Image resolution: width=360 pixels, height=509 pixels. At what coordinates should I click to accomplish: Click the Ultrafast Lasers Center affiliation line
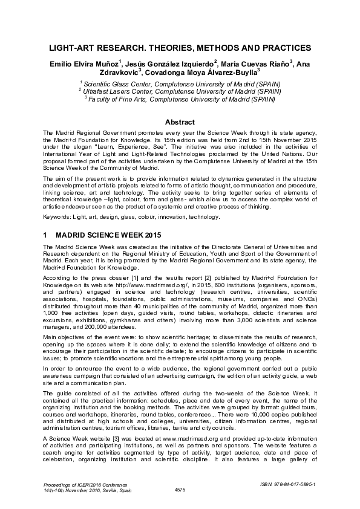pos(180,91)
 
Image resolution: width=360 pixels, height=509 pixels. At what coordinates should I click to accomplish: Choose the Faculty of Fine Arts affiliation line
pos(180,99)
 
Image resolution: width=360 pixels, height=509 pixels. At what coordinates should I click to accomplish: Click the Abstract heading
pos(180,122)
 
